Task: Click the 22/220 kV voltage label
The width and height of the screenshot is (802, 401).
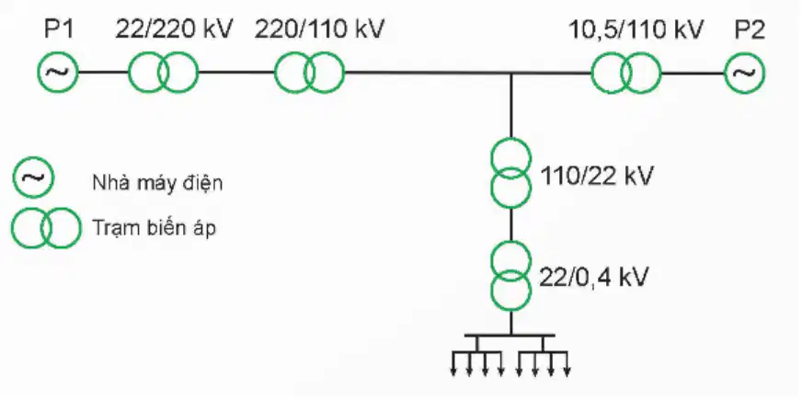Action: pos(174,29)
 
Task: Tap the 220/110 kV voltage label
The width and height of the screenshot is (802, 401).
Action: pos(319,29)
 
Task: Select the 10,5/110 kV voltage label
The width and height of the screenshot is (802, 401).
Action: pos(636,29)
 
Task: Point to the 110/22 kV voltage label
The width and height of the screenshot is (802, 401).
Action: pos(597,177)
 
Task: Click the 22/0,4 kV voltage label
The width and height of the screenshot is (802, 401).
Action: pos(594,278)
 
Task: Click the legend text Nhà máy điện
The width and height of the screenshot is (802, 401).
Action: pos(157,182)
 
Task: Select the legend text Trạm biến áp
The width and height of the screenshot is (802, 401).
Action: pos(154,228)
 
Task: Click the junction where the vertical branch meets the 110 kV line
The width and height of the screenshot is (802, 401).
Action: pos(511,73)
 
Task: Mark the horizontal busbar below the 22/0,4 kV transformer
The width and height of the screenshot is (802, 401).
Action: pos(510,335)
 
